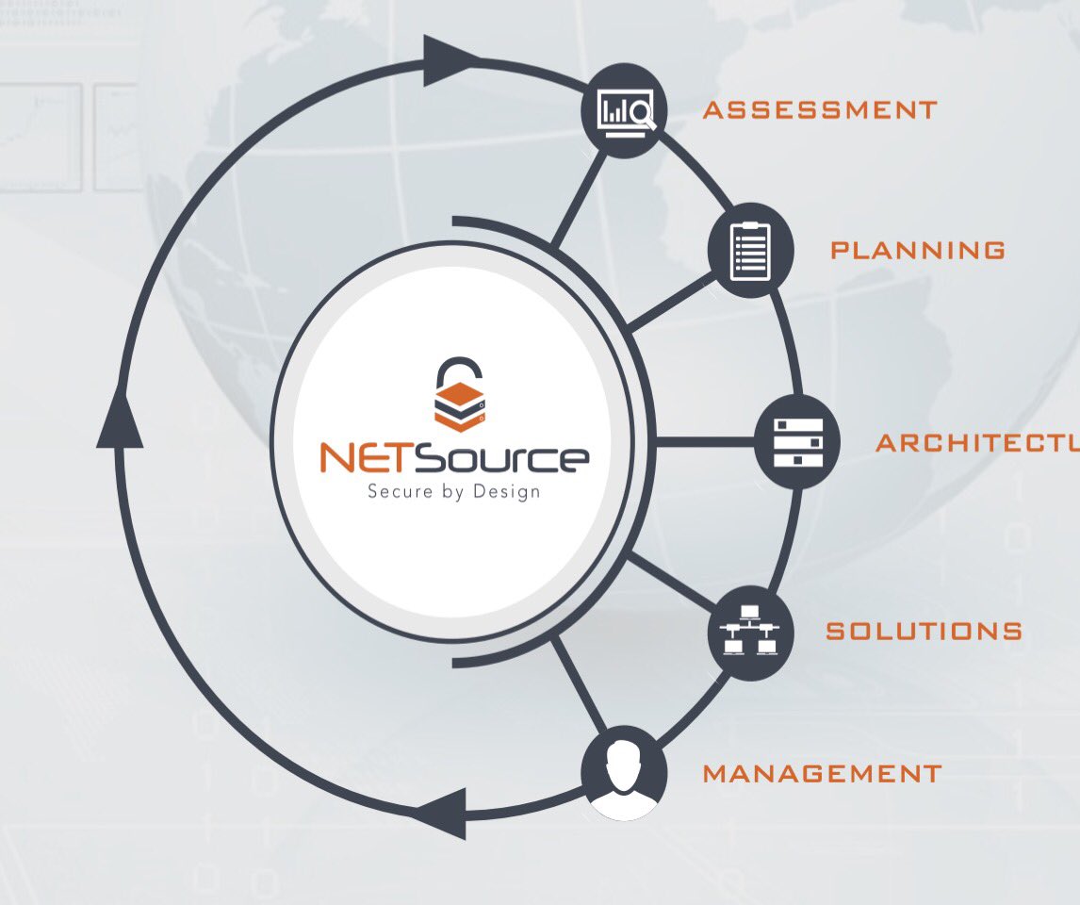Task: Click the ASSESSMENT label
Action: pyautogui.click(x=820, y=110)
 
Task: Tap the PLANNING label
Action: pyautogui.click(x=917, y=251)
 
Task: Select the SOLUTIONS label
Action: pyautogui.click(x=924, y=631)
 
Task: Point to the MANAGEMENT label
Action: pyautogui.click(x=822, y=774)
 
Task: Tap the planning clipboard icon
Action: pyautogui.click(x=751, y=250)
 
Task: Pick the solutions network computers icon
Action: pyautogui.click(x=750, y=631)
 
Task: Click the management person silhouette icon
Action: pyautogui.click(x=624, y=774)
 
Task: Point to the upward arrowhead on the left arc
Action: pyautogui.click(x=120, y=419)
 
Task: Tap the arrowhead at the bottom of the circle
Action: pyautogui.click(x=439, y=812)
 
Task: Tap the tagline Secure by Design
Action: pyautogui.click(x=453, y=491)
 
